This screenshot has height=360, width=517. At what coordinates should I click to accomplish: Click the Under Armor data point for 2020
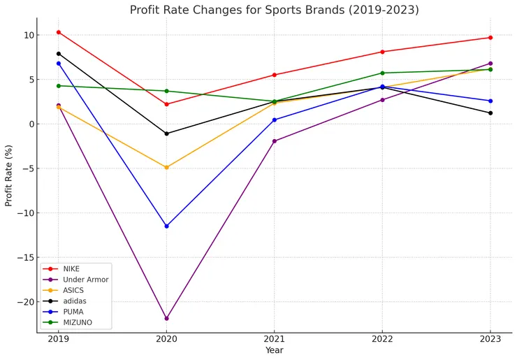[x=166, y=318]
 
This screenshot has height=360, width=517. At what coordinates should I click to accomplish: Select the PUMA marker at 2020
[x=166, y=226]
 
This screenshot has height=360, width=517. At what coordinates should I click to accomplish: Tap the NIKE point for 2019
[x=59, y=32]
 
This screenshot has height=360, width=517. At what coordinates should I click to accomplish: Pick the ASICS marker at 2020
[x=166, y=167]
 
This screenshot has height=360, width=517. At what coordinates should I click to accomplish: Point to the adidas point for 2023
[x=490, y=113]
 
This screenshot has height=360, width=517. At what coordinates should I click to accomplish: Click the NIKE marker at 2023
[x=490, y=38]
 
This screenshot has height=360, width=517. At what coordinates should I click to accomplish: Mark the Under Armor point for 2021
[x=275, y=141]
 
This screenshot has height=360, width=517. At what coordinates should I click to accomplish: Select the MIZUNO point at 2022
[x=382, y=73]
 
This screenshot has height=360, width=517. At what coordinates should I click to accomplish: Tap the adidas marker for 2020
[x=166, y=134]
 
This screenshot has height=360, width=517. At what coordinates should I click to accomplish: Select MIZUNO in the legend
[x=77, y=323]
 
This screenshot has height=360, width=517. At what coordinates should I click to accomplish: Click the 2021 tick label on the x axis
[x=275, y=338]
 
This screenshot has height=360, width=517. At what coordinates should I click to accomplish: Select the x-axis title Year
[x=275, y=350]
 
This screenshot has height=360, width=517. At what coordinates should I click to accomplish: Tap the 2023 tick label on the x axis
[x=490, y=338]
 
